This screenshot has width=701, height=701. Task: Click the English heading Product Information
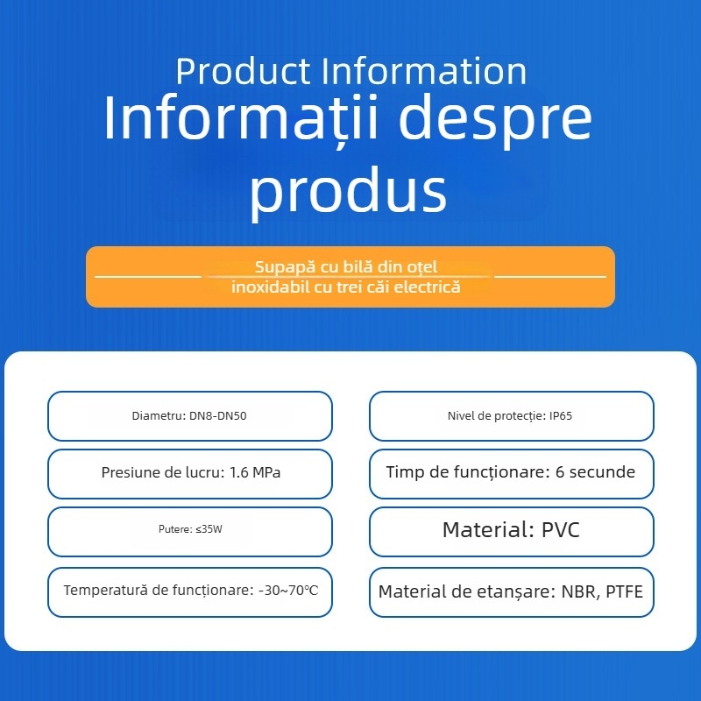coord(350,71)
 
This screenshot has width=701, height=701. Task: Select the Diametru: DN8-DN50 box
coord(189,416)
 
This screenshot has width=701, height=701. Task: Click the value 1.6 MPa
coord(255,473)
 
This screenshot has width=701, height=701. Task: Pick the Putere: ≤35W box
coord(189,531)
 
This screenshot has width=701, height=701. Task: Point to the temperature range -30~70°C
coord(289,590)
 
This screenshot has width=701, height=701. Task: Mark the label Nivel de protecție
coord(496,416)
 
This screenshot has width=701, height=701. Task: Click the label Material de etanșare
coord(464,591)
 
